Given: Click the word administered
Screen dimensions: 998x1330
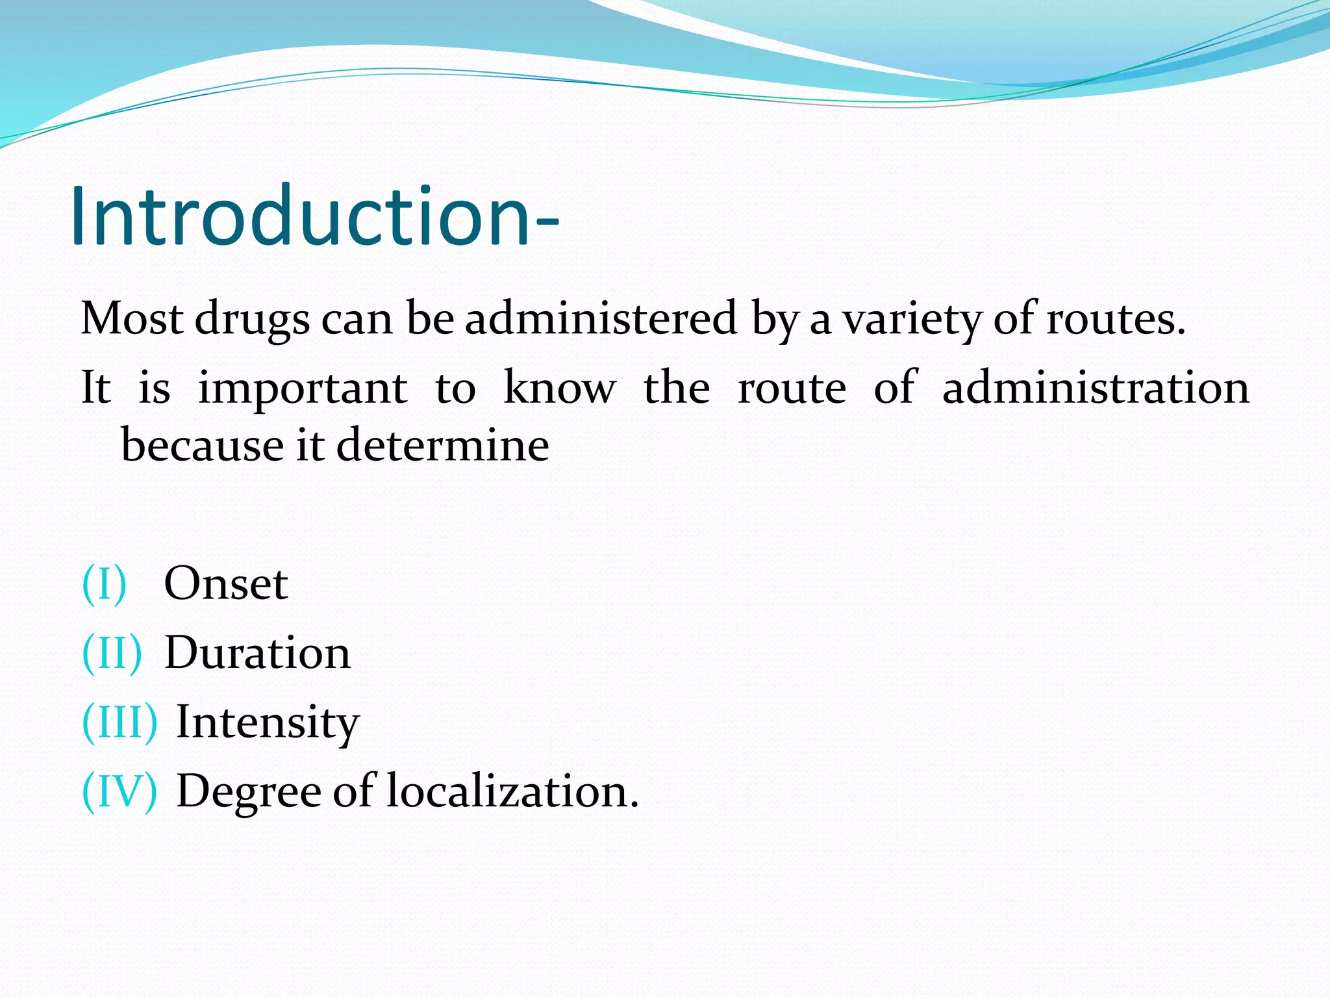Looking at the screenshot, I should pyautogui.click(x=601, y=319).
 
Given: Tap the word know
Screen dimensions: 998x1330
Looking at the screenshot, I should pyautogui.click(x=559, y=388).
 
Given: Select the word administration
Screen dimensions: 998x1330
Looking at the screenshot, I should pyautogui.click(x=1096, y=388).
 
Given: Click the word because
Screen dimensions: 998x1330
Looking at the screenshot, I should pyautogui.click(x=202, y=445).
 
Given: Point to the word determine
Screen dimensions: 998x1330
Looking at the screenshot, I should pyautogui.click(x=442, y=445).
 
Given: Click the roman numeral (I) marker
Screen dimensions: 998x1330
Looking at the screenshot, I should pyautogui.click(x=104, y=583).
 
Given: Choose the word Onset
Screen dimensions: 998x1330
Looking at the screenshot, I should pyautogui.click(x=225, y=583).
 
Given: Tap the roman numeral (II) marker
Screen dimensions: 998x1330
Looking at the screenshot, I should pyautogui.click(x=112, y=653).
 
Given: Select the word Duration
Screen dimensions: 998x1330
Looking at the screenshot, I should pyautogui.click(x=257, y=653).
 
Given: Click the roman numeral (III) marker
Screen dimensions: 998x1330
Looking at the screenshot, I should pyautogui.click(x=119, y=722).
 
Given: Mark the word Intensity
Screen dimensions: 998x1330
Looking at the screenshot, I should pyautogui.click(x=268, y=723).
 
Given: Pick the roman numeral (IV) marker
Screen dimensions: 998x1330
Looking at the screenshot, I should pyautogui.click(x=119, y=791).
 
